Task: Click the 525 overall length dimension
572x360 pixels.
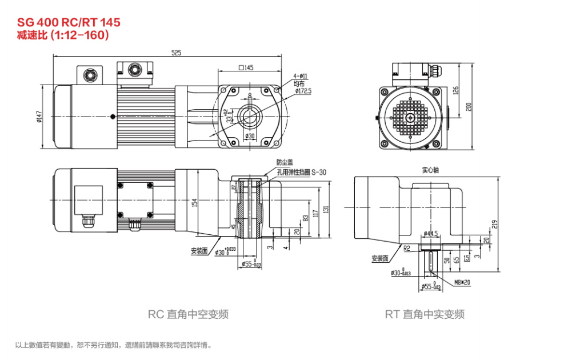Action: point(177,53)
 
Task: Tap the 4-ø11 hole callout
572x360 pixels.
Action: point(301,75)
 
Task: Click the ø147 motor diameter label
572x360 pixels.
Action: point(39,117)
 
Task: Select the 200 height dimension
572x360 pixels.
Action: point(469,107)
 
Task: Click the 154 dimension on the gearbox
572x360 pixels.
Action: point(194,202)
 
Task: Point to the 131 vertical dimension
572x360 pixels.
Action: point(326,210)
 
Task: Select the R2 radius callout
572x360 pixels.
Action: point(407,249)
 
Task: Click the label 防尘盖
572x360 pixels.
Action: point(284,162)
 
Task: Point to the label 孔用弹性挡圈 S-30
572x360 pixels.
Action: point(301,171)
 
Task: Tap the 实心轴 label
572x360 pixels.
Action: point(430,170)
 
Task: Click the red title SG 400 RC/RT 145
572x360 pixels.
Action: point(68,22)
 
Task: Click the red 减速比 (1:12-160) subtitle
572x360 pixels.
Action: point(63,34)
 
